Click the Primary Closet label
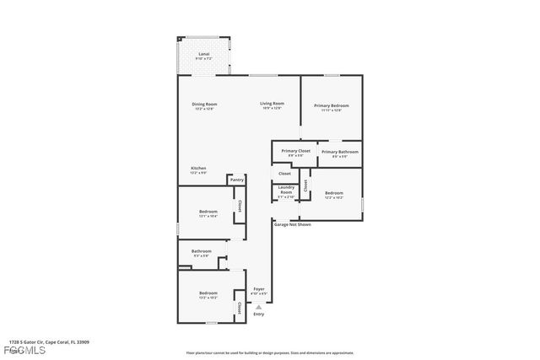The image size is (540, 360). pyautogui.click(x=295, y=152)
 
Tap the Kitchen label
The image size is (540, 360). pyautogui.click(x=198, y=169)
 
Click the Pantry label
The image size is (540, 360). pyautogui.click(x=236, y=180)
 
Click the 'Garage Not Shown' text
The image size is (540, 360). pyautogui.click(x=293, y=225)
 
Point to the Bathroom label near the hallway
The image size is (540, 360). pyautogui.click(x=201, y=252)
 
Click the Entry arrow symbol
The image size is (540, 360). pyautogui.click(x=259, y=307)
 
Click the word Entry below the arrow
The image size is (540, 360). pyautogui.click(x=259, y=314)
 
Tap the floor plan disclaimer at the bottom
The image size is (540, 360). pyautogui.click(x=270, y=353)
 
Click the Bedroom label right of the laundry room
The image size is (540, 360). pyautogui.click(x=333, y=195)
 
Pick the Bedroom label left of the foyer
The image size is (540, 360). pyautogui.click(x=208, y=297)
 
